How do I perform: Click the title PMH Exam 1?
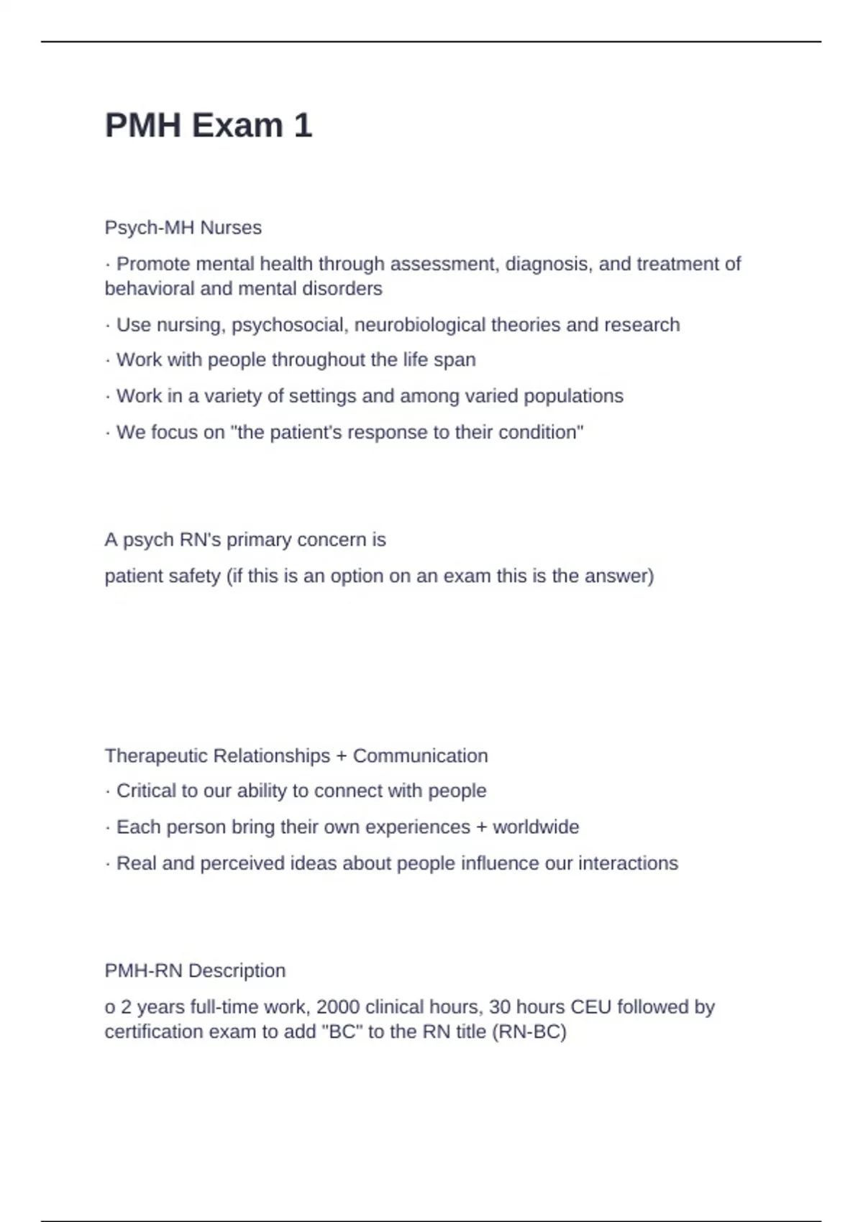pyautogui.click(x=209, y=126)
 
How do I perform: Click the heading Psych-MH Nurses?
pyautogui.click(x=183, y=228)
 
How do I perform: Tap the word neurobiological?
pyautogui.click(x=420, y=325)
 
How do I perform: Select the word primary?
pyautogui.click(x=259, y=540)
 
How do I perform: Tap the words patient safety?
pyautogui.click(x=163, y=576)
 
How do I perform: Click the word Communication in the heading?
pyautogui.click(x=420, y=756)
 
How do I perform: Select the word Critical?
pyautogui.click(x=146, y=791)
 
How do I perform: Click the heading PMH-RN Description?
pyautogui.click(x=195, y=971)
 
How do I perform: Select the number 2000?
pyautogui.click(x=338, y=1007)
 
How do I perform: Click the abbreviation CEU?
pyautogui.click(x=590, y=1007)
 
